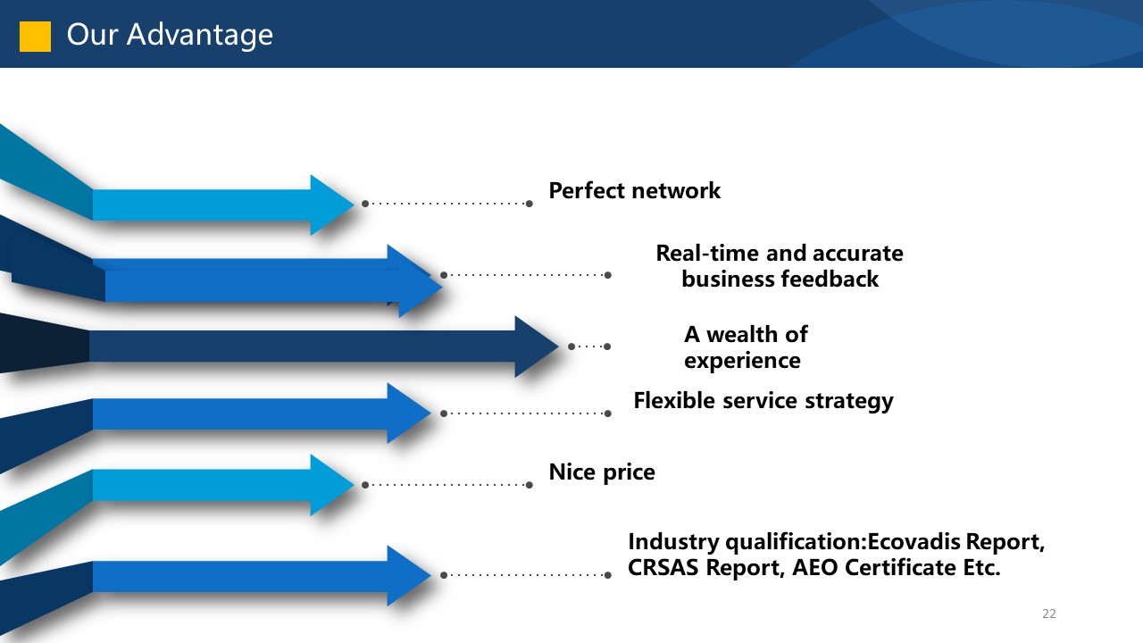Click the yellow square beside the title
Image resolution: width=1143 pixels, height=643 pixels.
tap(35, 36)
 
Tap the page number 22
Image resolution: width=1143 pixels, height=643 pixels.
tap(1048, 614)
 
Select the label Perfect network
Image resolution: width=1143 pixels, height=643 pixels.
tap(634, 190)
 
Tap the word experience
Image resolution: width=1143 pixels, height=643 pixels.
tap(742, 360)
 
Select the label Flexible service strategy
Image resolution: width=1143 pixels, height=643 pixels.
tap(763, 400)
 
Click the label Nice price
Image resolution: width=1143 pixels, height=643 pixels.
tap(601, 472)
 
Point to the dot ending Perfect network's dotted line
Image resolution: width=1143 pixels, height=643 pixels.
tap(530, 204)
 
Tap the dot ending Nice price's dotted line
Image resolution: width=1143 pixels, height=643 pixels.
tap(530, 485)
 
